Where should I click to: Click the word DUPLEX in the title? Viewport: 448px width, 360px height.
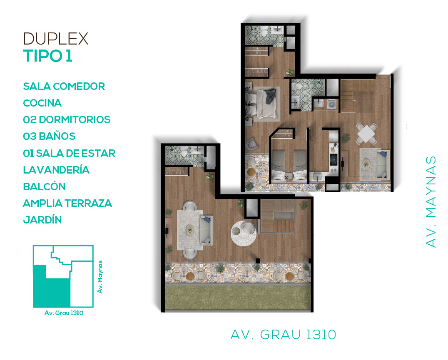pyautogui.click(x=56, y=39)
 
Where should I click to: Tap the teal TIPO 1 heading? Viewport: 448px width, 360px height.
pyautogui.click(x=48, y=56)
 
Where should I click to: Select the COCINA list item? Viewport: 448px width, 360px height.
pyautogui.click(x=42, y=103)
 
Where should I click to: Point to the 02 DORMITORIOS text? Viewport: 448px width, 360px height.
pyautogui.click(x=67, y=119)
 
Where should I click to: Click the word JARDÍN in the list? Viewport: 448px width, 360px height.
pyautogui.click(x=42, y=220)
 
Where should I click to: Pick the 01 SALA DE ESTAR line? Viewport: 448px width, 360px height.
pyautogui.click(x=69, y=153)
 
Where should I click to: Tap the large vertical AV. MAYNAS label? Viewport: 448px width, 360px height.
pyautogui.click(x=431, y=201)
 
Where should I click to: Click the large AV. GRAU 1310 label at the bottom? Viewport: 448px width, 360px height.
pyautogui.click(x=283, y=335)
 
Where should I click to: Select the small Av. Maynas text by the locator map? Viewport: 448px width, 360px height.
pyautogui.click(x=100, y=277)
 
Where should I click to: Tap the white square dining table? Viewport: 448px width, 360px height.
pyautogui.click(x=366, y=133)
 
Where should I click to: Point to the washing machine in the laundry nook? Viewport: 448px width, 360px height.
pyautogui.click(x=332, y=104)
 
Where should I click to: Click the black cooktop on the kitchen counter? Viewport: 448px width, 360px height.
pyautogui.click(x=334, y=160)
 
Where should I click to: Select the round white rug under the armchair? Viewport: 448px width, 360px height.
pyautogui.click(x=244, y=233)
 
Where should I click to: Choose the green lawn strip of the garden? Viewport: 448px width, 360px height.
pyautogui.click(x=238, y=297)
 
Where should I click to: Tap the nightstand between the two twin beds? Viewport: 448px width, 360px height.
pyautogui.click(x=289, y=177)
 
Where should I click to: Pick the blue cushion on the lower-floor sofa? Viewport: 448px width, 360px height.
pyautogui.click(x=207, y=219)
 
